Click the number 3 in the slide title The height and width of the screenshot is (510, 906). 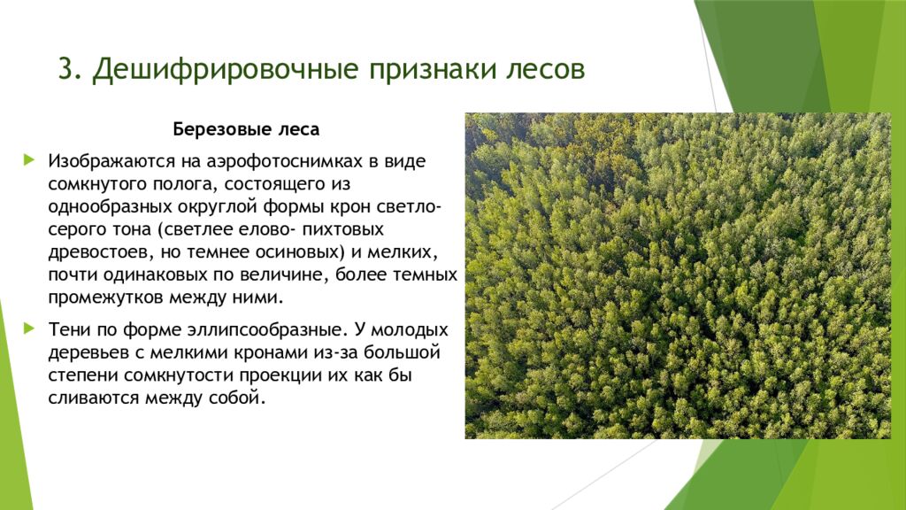pos(65,70)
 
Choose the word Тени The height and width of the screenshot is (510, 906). pos(69,330)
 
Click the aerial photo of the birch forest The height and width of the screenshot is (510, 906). pos(677,275)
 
